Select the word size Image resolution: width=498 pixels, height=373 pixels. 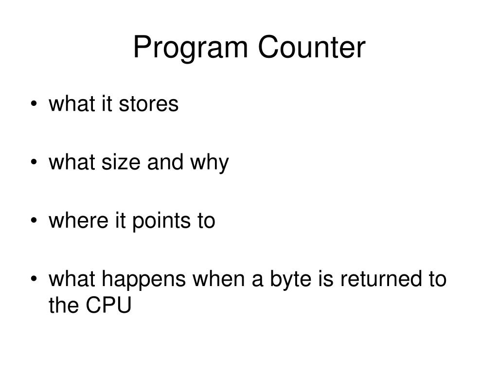coord(118,163)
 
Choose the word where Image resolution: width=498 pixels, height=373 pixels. coord(73,221)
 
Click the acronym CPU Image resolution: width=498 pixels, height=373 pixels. coord(109,306)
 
